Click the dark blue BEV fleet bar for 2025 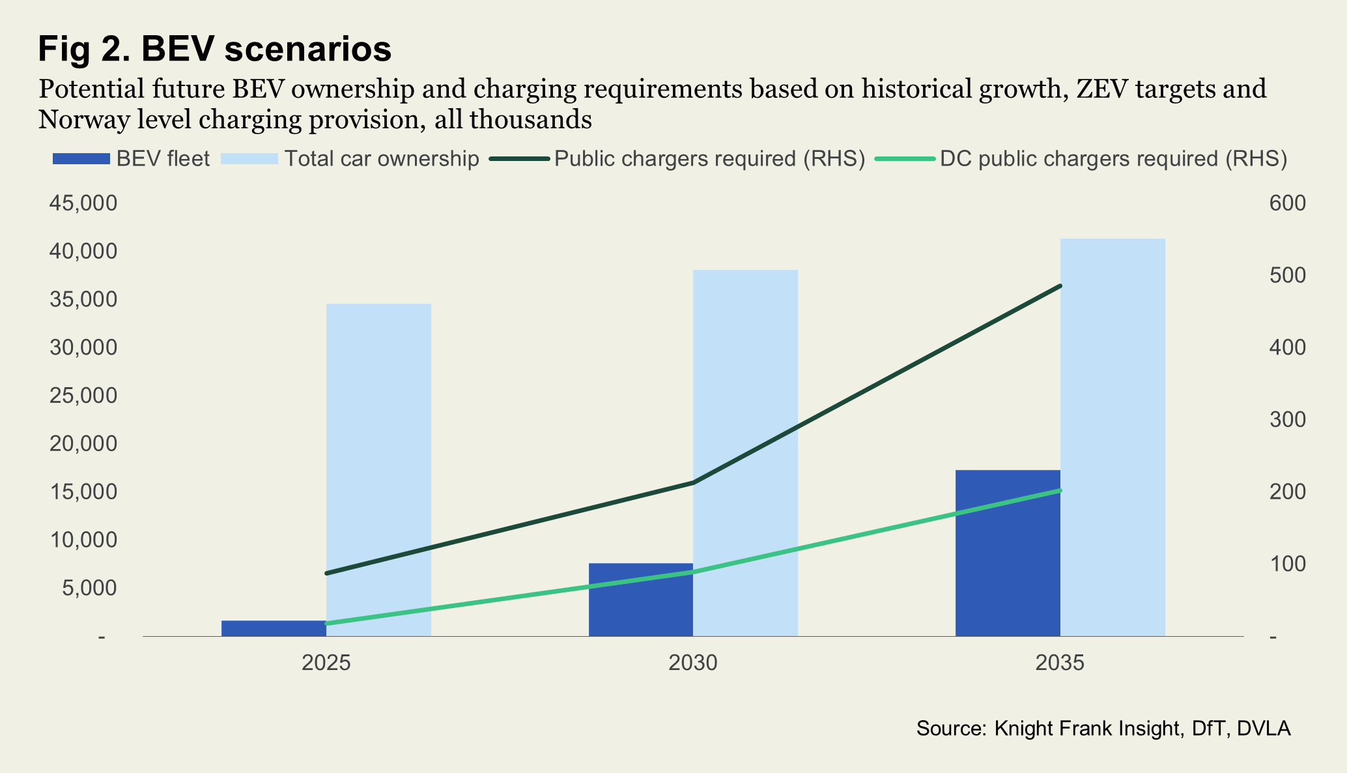274,628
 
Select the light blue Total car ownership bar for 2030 745,391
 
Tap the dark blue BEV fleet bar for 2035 1008,554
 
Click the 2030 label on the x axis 693,663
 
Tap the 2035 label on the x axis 1060,663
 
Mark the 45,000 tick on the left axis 83,203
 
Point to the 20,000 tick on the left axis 83,444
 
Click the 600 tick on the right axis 1287,203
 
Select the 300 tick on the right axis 1287,420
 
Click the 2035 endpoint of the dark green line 1060,286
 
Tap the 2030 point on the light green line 693,572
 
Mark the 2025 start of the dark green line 326,574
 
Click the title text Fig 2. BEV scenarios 215,49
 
